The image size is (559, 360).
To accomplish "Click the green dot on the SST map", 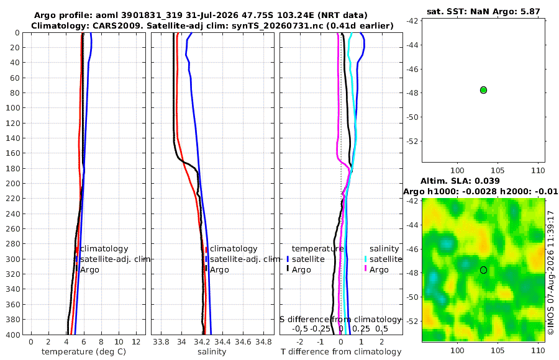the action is coord(483,90).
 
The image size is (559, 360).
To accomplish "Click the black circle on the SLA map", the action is coord(483,270).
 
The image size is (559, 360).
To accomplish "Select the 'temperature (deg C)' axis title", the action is coord(84,352).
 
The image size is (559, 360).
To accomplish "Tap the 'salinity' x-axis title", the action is coord(212,352).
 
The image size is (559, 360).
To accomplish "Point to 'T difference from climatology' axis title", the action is coord(341,352).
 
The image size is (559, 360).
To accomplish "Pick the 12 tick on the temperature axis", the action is coord(136,342).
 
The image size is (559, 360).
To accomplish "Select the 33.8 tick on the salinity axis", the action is coord(161,342).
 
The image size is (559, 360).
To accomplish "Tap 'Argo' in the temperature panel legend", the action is coord(89,270).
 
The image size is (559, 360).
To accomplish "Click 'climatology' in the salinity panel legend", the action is coord(234,249).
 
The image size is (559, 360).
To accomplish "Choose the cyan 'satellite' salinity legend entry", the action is coord(386,259).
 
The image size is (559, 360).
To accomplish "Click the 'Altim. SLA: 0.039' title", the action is coord(460,181).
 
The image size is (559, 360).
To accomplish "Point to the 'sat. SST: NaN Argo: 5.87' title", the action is coord(483,11).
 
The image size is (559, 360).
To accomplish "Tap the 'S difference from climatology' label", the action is coord(341,320).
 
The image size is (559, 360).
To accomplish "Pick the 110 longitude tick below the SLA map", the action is coord(539,350).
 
